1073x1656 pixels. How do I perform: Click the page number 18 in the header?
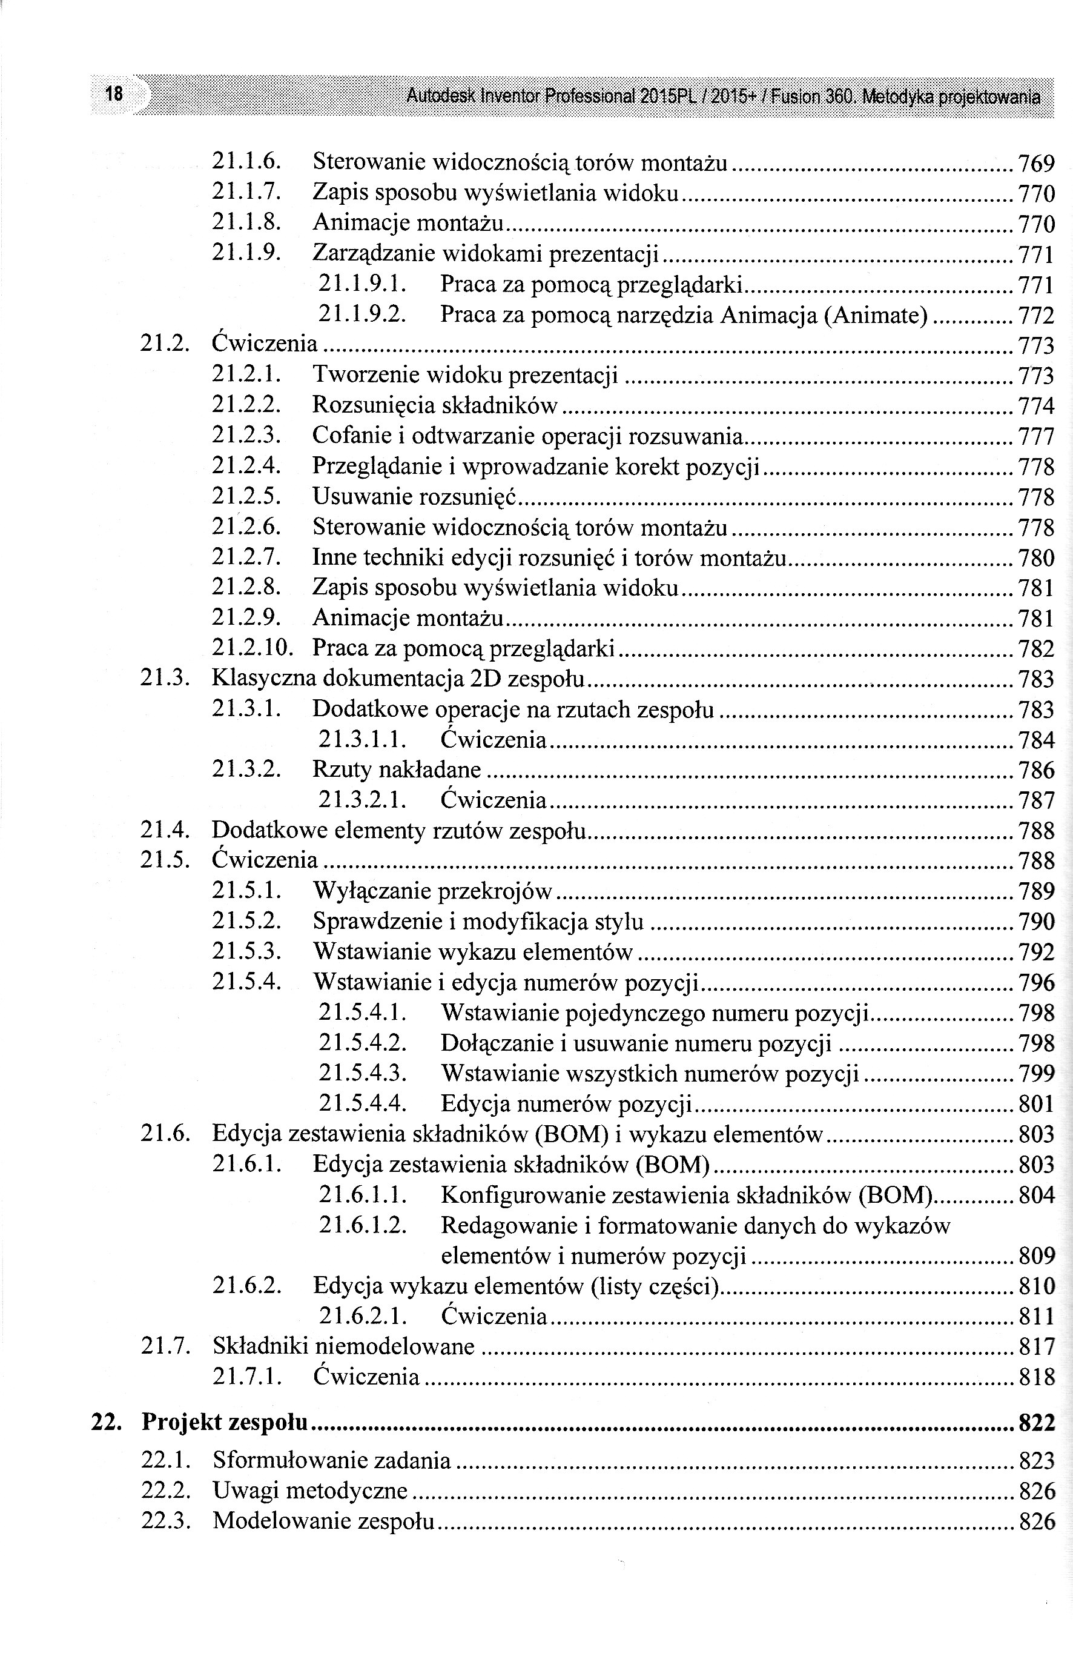pos(114,93)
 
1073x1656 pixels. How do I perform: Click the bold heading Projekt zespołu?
pos(225,1423)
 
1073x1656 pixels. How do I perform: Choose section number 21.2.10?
pos(252,648)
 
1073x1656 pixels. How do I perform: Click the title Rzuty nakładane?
pos(397,770)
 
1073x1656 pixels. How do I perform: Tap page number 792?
pos(1036,953)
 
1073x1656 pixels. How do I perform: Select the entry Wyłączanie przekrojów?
pos(432,891)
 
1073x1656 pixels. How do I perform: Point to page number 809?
pos(1036,1256)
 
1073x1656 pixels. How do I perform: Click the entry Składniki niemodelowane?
pos(343,1346)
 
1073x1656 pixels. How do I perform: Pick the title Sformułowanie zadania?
pos(332,1460)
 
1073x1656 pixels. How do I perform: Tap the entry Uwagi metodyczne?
pos(309,1491)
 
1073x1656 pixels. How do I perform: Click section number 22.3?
pos(165,1521)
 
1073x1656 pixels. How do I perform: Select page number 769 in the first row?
pos(1036,164)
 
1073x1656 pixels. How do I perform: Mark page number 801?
pos(1036,1104)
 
